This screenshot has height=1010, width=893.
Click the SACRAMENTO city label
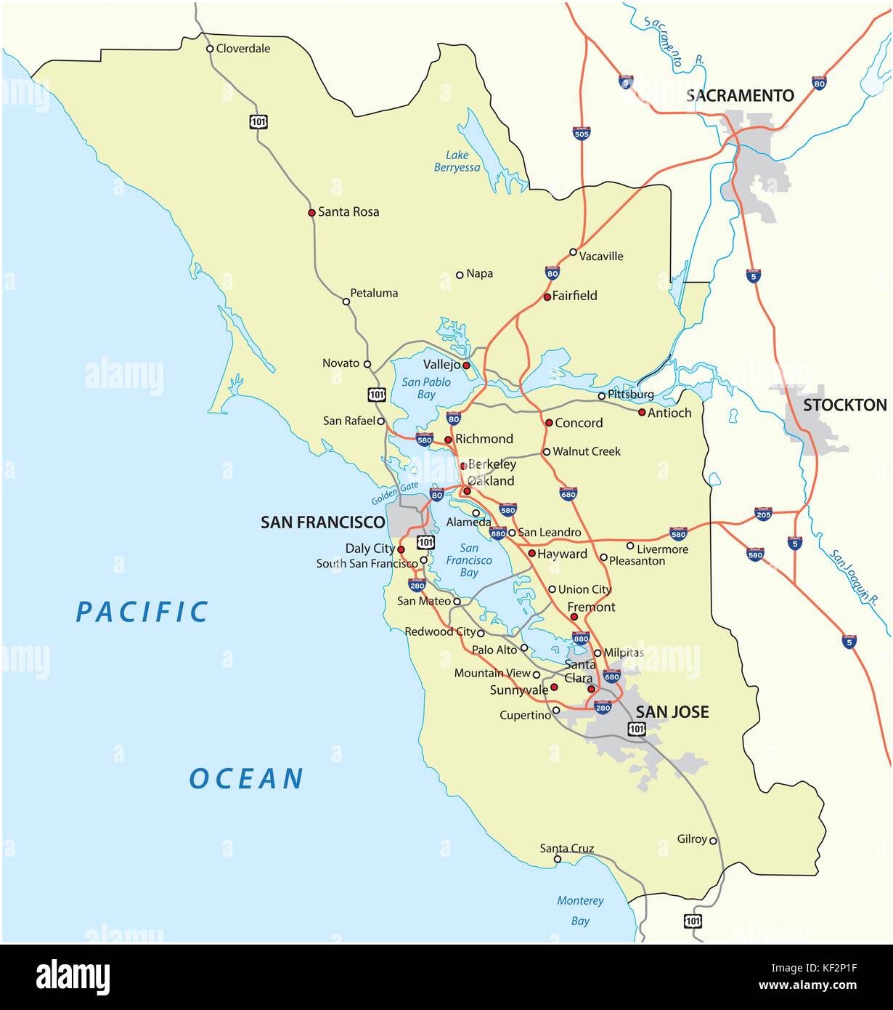[741, 95]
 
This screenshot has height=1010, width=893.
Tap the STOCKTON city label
[844, 405]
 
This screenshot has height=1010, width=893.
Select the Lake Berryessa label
[457, 161]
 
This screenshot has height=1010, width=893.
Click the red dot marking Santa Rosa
[311, 213]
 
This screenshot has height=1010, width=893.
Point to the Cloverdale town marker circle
[210, 49]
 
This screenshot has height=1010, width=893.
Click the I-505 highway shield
[582, 132]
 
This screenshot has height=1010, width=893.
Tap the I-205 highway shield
[763, 514]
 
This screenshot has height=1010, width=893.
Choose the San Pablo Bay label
[426, 388]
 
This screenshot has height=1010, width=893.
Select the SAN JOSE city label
[672, 712]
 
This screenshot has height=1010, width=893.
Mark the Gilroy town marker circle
[713, 841]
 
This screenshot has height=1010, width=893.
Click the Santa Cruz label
[566, 848]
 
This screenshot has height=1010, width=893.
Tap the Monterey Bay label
[580, 910]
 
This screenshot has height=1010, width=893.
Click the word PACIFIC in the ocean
[142, 612]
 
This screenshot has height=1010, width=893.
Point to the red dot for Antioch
[642, 412]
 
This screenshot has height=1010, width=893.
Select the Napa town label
[479, 273]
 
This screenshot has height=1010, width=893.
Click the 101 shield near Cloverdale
[259, 121]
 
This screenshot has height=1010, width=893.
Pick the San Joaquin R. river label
[854, 578]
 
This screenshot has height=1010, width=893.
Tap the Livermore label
[662, 549]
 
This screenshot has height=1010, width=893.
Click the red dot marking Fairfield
[547, 297]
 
